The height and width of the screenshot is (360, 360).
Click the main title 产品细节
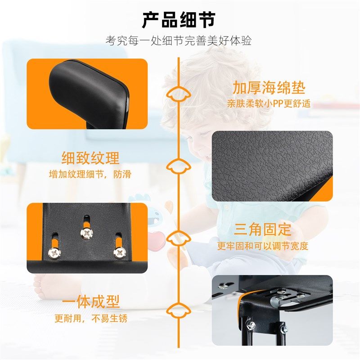click(179, 20)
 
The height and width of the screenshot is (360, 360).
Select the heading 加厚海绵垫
click(269, 87)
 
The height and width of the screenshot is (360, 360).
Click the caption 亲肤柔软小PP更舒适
click(269, 103)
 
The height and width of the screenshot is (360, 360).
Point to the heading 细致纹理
click(90, 158)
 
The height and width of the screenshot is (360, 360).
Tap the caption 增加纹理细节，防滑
click(90, 174)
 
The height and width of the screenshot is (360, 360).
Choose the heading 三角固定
click(262, 229)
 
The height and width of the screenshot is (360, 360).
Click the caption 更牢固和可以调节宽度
click(262, 246)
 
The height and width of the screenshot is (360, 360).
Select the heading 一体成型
click(90, 302)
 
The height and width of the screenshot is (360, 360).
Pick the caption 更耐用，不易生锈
click(90, 319)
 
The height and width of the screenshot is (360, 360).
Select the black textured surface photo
click(272, 166)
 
